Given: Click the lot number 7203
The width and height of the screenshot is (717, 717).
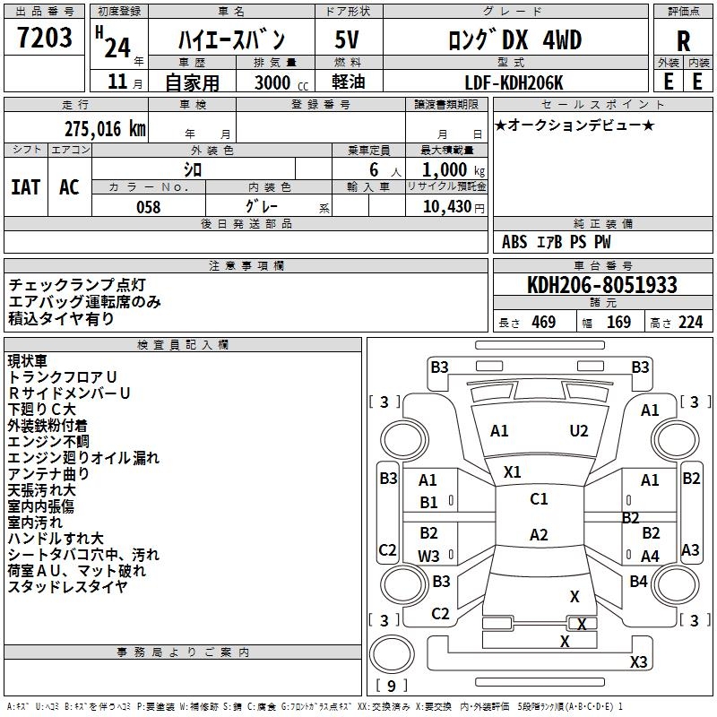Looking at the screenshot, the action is tap(46, 38).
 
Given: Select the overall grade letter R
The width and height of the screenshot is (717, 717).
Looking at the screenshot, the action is tap(683, 40).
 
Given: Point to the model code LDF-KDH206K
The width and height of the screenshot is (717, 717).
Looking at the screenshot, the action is tap(514, 82).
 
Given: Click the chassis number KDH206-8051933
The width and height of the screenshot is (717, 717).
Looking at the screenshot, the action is tap(601, 286).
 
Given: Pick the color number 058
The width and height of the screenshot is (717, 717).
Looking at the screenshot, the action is tap(148, 207).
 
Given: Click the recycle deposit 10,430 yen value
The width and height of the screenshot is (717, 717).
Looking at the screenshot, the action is tap(445, 207).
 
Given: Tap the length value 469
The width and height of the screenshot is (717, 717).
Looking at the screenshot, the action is tap(542, 323).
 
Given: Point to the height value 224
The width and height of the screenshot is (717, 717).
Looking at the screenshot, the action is tap(690, 323).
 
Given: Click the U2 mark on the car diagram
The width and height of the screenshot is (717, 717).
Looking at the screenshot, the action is tap(579, 431).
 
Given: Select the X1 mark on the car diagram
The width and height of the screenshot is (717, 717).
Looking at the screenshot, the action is tap(513, 471).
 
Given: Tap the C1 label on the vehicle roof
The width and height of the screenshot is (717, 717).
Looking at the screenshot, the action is tap(539, 499).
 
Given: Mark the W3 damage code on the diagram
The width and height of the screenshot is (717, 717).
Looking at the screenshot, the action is tap(428, 556).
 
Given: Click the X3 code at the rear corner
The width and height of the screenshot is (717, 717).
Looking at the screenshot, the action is tap(638, 662).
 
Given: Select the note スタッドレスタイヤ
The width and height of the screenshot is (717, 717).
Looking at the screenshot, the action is tap(67, 587).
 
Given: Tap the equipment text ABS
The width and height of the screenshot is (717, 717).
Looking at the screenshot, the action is tap(514, 242).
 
